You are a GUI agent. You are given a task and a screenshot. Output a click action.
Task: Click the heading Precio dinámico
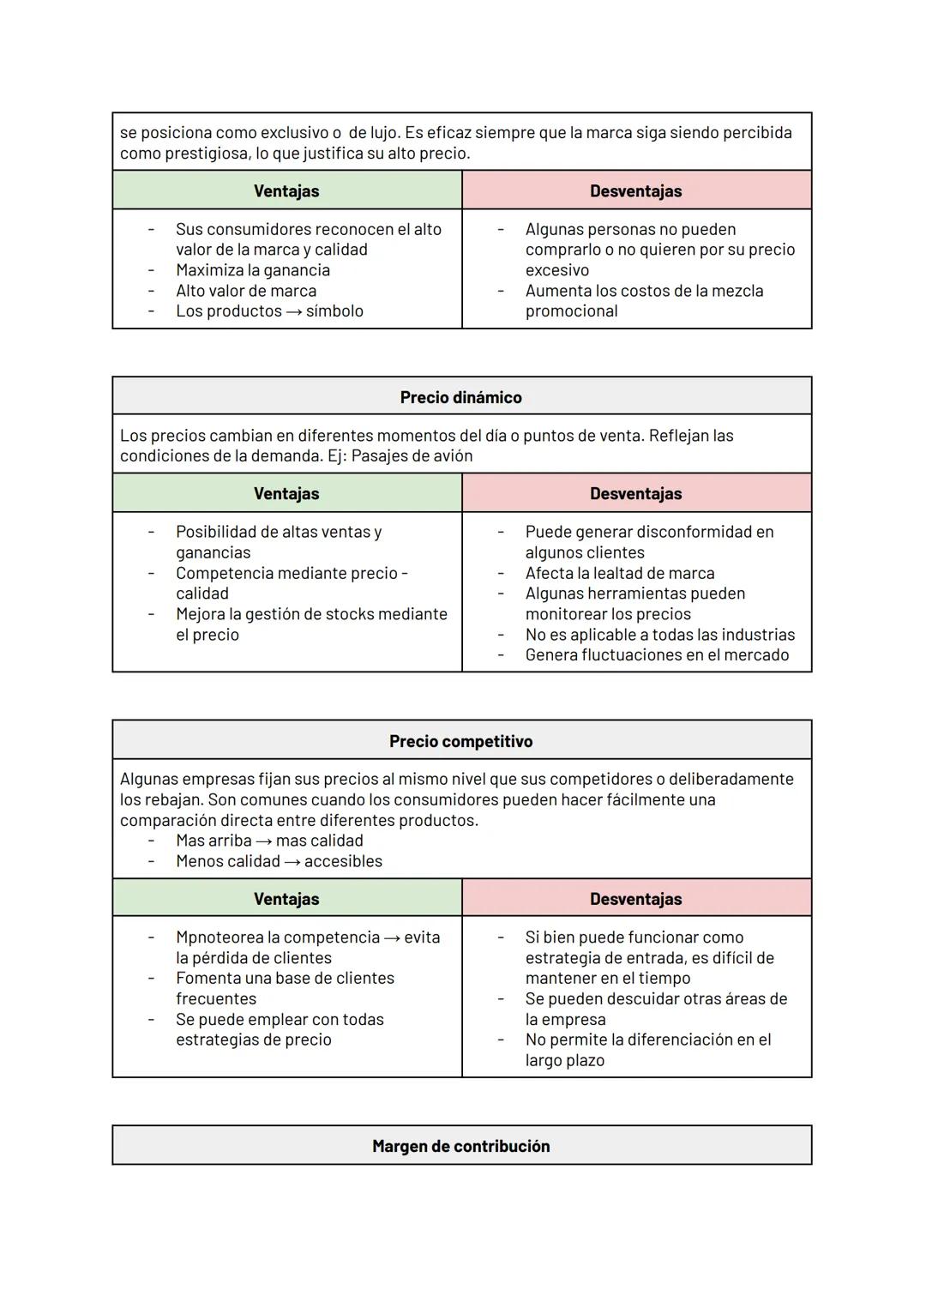click(x=460, y=397)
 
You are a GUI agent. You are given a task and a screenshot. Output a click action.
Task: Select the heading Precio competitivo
click(x=460, y=741)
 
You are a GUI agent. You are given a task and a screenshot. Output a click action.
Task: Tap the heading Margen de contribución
click(x=460, y=1146)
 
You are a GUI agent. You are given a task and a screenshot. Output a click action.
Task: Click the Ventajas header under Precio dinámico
click(x=286, y=493)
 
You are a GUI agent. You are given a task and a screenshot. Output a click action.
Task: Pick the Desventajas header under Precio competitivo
click(x=635, y=899)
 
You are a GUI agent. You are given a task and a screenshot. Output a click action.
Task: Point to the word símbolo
click(x=334, y=311)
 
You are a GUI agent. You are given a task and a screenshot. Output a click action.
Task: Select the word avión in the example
click(x=451, y=455)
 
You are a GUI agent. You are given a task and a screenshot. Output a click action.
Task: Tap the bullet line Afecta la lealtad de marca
click(x=619, y=573)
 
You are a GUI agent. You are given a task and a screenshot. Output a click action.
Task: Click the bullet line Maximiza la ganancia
click(x=252, y=270)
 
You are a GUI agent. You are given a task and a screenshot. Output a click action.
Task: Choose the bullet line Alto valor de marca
click(x=245, y=291)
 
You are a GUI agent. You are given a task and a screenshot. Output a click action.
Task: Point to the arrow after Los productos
click(x=293, y=311)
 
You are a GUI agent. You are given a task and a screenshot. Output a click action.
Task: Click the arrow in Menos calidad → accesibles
click(x=292, y=861)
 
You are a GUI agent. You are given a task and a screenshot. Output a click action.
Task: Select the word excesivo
click(x=556, y=270)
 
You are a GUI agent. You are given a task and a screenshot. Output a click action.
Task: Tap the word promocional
click(x=571, y=311)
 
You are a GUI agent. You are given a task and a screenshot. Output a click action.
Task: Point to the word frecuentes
click(x=215, y=998)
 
